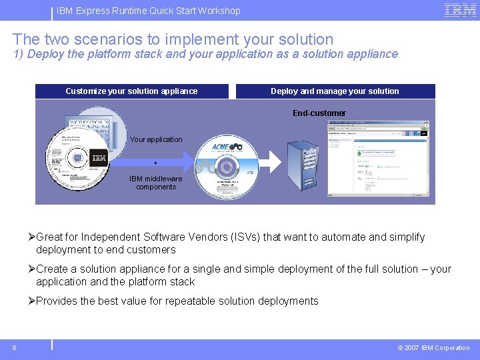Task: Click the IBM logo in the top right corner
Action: (x=460, y=10)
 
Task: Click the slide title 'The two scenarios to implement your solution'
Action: (x=173, y=39)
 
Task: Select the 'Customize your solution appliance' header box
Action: (x=131, y=91)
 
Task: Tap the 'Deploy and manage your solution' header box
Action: (x=335, y=91)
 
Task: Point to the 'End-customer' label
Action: (x=319, y=113)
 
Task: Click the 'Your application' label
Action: (x=156, y=139)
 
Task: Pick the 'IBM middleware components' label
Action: (x=156, y=183)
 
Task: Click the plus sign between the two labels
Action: (x=155, y=163)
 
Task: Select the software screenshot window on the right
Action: (x=387, y=159)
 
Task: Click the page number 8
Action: (x=14, y=347)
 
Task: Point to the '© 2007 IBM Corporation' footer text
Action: (x=433, y=347)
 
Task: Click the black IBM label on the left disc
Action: (x=99, y=158)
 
